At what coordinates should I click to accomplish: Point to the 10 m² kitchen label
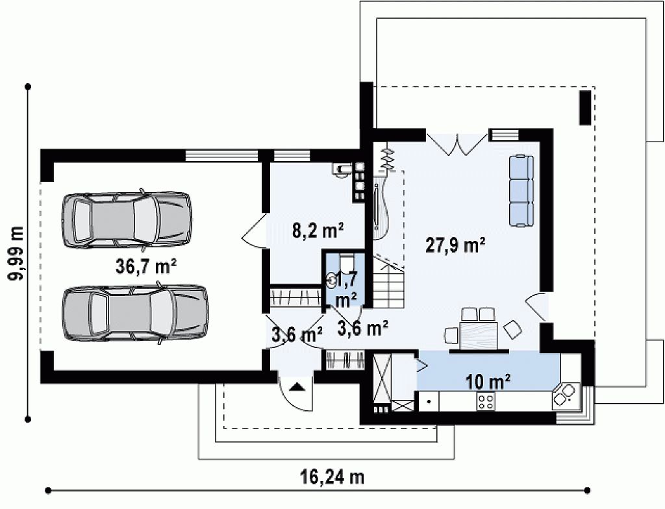coord(488,382)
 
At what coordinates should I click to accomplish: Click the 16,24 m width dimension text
coord(334,477)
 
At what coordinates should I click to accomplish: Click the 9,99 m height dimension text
coord(16,253)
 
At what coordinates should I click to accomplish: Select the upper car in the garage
coord(127,219)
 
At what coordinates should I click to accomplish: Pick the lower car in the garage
coord(135,313)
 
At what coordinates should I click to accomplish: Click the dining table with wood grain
coord(479,335)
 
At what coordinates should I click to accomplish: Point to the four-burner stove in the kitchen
coord(486,401)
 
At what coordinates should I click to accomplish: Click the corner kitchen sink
coord(566,395)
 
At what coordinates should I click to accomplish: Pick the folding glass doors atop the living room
coord(457,144)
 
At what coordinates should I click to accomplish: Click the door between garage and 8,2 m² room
coord(255,230)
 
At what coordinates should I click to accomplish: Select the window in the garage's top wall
coord(221,155)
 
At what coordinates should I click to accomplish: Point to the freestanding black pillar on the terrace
coord(585,107)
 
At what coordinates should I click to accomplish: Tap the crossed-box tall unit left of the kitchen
coord(381,377)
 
